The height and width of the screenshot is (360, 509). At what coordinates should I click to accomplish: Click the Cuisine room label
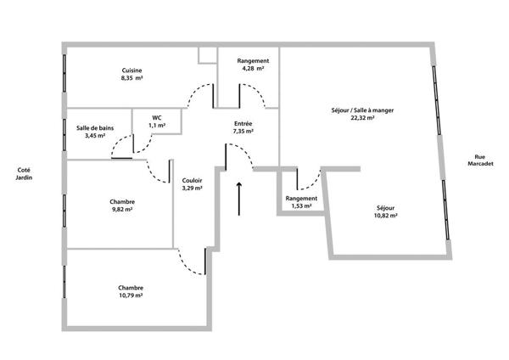tap(131, 70)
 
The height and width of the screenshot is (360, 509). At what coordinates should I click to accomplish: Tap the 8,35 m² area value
tap(131, 78)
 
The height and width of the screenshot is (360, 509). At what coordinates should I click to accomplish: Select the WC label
tap(157, 118)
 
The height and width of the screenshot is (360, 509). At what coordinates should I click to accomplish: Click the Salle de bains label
tap(95, 128)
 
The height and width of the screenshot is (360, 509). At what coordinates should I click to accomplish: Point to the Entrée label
tap(243, 123)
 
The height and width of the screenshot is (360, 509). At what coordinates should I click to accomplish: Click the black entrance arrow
tap(239, 199)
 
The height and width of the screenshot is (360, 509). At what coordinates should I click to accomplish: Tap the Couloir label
tap(193, 180)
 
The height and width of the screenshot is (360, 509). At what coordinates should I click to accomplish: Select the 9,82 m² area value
tap(122, 210)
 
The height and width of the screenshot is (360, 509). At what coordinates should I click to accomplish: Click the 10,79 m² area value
tap(131, 295)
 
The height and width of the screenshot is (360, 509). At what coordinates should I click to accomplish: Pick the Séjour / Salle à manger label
tap(362, 110)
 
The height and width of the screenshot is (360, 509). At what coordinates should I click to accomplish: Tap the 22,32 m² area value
tap(362, 118)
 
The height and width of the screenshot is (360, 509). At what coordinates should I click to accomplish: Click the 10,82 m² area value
tap(386, 216)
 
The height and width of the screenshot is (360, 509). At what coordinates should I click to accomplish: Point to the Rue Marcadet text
tap(480, 160)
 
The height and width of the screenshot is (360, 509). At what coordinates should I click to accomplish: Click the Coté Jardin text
tap(24, 174)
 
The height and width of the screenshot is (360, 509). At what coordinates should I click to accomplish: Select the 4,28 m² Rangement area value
tap(253, 69)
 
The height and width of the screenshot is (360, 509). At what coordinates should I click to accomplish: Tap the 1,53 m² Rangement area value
tap(301, 206)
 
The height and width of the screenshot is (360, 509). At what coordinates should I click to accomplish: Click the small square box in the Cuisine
tap(208, 55)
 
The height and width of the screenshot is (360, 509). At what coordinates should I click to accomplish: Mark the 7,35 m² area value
tap(243, 132)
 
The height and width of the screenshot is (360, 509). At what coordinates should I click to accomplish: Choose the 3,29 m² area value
tap(193, 188)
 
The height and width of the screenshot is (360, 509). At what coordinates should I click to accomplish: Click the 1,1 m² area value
tap(157, 126)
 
